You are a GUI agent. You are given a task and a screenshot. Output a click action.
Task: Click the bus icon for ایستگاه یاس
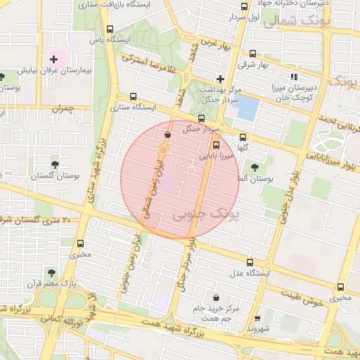pyautogui.click(x=109, y=30)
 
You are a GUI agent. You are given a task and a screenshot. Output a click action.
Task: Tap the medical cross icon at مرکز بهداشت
pyautogui.click(x=220, y=79)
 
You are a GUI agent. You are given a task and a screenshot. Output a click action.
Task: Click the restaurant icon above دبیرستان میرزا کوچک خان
pyautogui.click(x=294, y=77)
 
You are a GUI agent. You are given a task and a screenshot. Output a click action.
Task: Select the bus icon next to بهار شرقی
pyautogui.click(x=252, y=53)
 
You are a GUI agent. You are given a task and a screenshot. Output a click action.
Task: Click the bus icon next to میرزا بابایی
pyautogui.click(x=215, y=146)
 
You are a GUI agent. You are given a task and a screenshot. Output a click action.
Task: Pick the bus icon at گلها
pyautogui.click(x=243, y=138)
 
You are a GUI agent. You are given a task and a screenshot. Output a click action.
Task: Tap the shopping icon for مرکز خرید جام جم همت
pyautogui.click(x=214, y=298)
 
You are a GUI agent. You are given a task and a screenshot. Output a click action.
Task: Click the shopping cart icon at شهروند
pyautogui.click(x=257, y=318)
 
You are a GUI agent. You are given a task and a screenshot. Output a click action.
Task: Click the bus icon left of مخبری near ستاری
pyautogui.click(x=79, y=243)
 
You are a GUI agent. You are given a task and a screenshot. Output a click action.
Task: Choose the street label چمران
pyautogui.click(x=62, y=108)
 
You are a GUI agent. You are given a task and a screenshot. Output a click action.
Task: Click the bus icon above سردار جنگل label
pyautogui.click(x=202, y=118)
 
